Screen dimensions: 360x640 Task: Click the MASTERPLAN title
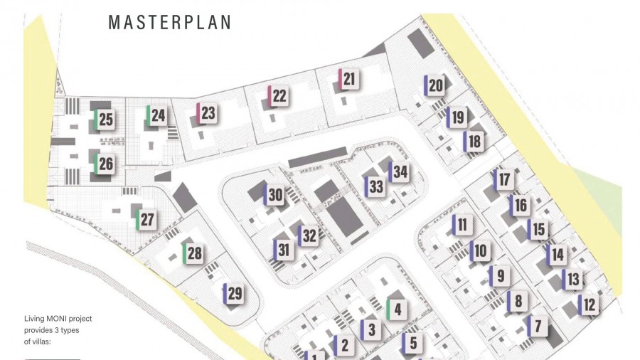(x=169, y=22)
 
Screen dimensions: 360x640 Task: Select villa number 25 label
(x=105, y=119)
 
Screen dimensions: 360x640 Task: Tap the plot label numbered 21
(x=348, y=80)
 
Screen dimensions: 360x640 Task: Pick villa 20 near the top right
(x=435, y=86)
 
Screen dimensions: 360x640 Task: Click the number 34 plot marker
(x=400, y=172)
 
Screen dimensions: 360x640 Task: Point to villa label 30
(x=275, y=195)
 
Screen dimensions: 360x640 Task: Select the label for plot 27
(x=146, y=219)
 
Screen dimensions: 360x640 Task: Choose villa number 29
(x=234, y=294)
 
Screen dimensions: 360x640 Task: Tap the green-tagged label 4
(x=397, y=309)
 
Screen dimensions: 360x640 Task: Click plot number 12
(x=589, y=305)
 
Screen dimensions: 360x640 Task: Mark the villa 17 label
(x=504, y=179)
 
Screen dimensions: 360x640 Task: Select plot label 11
(x=462, y=226)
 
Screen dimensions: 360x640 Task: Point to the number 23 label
(x=207, y=113)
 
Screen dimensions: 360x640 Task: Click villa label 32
(x=309, y=235)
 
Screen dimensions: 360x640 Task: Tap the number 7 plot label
(x=538, y=327)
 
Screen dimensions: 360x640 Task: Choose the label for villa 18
(x=474, y=141)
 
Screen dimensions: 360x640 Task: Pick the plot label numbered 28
(x=194, y=253)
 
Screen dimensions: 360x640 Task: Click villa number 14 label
(x=557, y=254)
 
